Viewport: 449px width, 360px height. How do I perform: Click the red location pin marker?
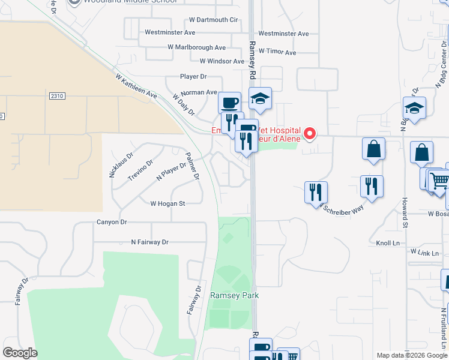[310, 133]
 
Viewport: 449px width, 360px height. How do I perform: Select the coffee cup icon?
[229, 103]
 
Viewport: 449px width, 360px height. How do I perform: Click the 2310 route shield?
[57, 96]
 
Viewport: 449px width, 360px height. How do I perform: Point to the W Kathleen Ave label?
[136, 87]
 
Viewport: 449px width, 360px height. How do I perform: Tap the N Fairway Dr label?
[150, 242]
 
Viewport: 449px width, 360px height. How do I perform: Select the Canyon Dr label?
[112, 222]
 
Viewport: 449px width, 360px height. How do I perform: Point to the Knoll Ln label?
[387, 243]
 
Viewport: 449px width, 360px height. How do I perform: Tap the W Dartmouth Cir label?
[213, 20]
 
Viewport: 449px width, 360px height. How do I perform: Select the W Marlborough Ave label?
[197, 47]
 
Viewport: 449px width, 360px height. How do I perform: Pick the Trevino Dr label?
[141, 170]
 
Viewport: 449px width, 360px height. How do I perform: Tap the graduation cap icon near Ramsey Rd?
[260, 98]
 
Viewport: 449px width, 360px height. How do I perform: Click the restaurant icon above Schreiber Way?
[316, 192]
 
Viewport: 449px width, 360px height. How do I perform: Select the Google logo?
[20, 353]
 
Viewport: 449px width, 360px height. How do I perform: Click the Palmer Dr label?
[192, 166]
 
